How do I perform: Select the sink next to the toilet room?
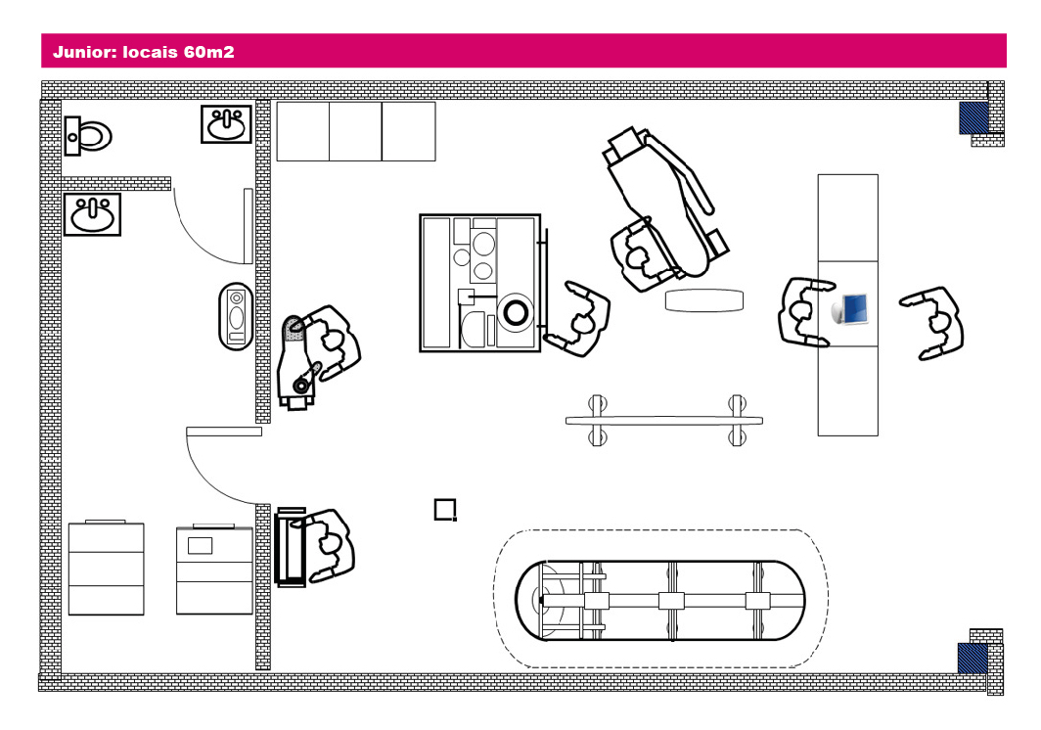click(x=227, y=124)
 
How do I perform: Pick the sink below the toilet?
click(x=93, y=214)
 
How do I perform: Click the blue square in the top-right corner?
click(x=973, y=118)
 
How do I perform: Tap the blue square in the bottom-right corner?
click(x=972, y=658)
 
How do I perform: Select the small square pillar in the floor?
click(x=445, y=509)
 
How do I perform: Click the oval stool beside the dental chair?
click(x=703, y=300)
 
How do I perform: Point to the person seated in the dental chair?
click(x=640, y=257)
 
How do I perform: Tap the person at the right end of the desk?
click(x=936, y=322)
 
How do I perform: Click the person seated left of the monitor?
click(x=804, y=312)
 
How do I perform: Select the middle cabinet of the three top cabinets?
click(x=355, y=131)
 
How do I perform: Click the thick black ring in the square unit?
click(x=515, y=313)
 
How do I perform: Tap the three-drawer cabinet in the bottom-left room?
click(x=106, y=569)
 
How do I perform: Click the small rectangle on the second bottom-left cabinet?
click(x=201, y=545)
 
